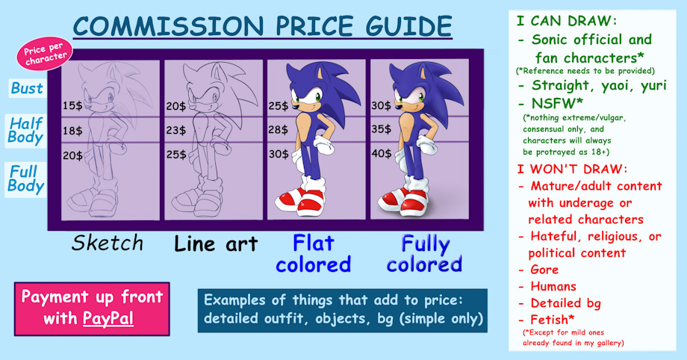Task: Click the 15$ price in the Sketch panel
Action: [72, 105]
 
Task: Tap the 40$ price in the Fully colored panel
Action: [382, 153]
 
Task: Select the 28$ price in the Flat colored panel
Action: [279, 130]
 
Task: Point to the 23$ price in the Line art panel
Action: [175, 130]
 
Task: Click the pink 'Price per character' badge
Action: [45, 54]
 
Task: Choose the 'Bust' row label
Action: [27, 88]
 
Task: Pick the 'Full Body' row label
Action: [25, 179]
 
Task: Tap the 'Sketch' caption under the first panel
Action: [108, 243]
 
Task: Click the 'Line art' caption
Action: [216, 243]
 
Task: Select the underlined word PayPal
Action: [108, 318]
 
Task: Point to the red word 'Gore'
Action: [544, 270]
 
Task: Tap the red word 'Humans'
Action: [553, 286]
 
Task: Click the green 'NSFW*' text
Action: [557, 103]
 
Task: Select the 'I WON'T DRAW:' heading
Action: [572, 169]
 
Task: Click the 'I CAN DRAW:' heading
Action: [567, 21]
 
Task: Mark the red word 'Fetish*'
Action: [552, 319]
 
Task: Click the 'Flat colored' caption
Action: [314, 254]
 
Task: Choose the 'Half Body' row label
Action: [25, 130]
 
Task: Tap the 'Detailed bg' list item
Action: [565, 303]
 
